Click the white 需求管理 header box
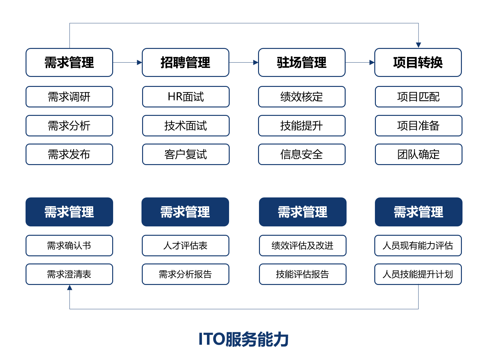pos(69,62)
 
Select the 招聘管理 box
pos(185,62)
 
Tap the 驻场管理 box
pos(302,62)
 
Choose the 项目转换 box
pos(418,62)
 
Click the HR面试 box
pos(186,97)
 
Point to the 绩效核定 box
pos(302,97)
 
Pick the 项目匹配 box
pos(419,97)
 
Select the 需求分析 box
pos(69,126)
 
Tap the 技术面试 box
pos(186,126)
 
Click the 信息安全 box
pos(302,154)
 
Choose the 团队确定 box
pos(419,154)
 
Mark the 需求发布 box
pos(69,154)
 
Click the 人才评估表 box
pos(185,245)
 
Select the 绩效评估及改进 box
pos(303,245)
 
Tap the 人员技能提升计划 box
pos(418,274)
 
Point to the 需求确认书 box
pos(69,245)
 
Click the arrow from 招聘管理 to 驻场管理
pos(244,62)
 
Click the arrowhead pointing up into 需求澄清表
pos(69,287)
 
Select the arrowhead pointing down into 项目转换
pos(418,45)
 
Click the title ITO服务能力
pos(243,339)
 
